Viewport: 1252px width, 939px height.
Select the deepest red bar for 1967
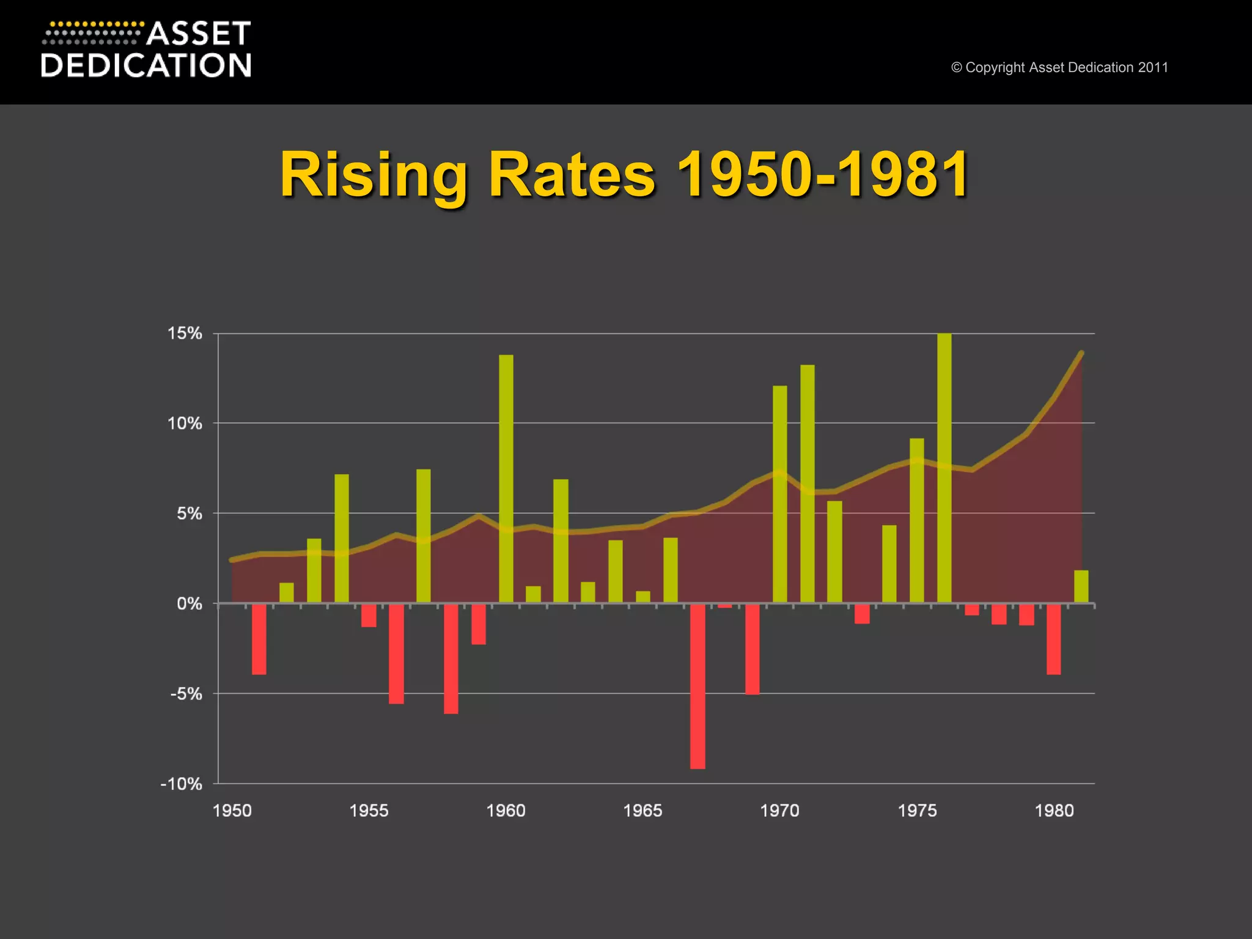point(698,686)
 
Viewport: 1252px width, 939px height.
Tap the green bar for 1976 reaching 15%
point(944,468)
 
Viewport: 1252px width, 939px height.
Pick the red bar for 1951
point(259,639)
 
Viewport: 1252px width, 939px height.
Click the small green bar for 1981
point(1081,586)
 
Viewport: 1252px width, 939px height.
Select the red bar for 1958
point(451,659)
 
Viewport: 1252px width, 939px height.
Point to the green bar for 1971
point(807,484)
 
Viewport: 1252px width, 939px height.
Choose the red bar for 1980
point(1053,639)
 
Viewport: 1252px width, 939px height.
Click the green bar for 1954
point(341,538)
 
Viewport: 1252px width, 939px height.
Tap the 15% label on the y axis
point(185,333)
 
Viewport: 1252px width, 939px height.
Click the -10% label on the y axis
point(181,784)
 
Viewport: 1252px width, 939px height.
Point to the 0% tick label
point(189,604)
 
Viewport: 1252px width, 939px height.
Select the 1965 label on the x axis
point(643,811)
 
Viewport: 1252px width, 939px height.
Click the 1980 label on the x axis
point(1054,811)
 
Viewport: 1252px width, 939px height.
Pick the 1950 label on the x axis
point(232,811)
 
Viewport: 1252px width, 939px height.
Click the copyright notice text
point(1059,67)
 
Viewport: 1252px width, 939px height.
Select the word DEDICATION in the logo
point(146,65)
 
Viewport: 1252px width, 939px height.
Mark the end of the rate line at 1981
point(1081,353)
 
